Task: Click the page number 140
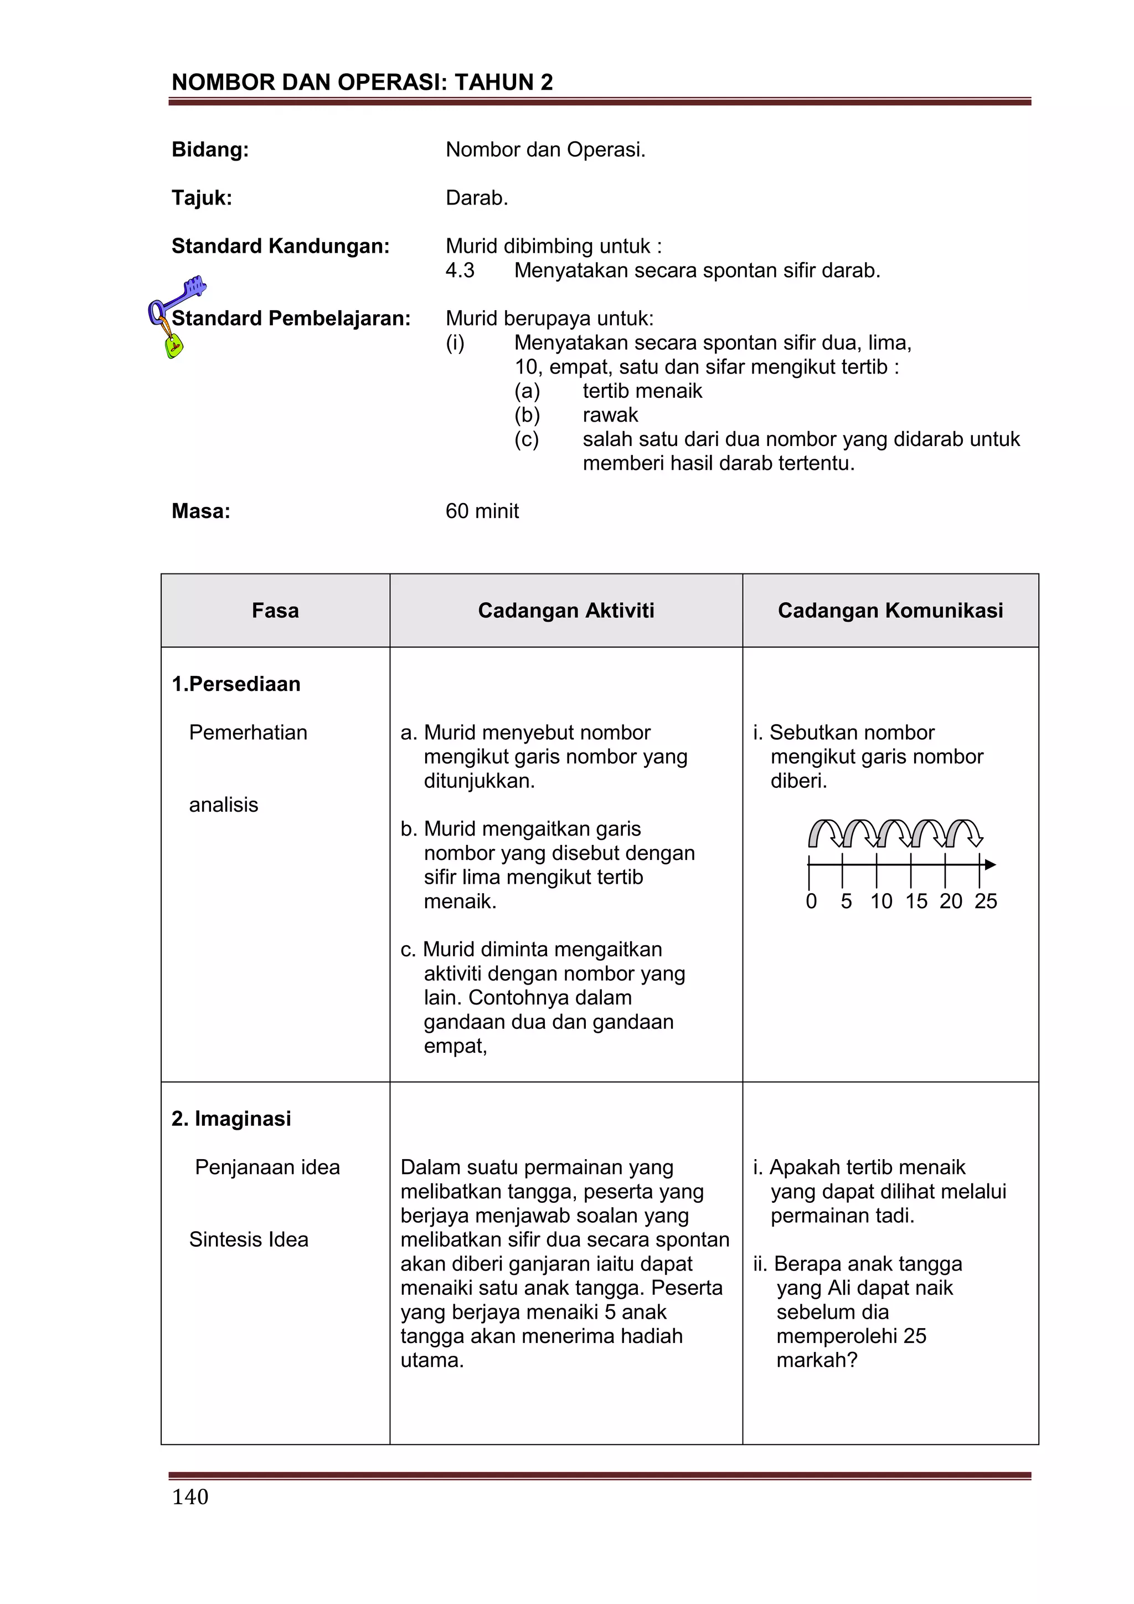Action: point(190,1496)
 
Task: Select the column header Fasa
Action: point(275,611)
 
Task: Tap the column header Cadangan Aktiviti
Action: point(565,611)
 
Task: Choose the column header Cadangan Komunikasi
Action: point(890,611)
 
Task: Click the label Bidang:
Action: point(210,150)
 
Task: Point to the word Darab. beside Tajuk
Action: point(477,198)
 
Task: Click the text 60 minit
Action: point(482,511)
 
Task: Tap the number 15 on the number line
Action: point(916,901)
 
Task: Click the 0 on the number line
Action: point(811,901)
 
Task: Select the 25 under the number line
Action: point(985,901)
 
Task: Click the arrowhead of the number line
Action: point(990,865)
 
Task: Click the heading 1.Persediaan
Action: point(236,683)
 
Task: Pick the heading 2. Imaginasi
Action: point(231,1119)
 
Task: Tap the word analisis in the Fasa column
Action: point(224,805)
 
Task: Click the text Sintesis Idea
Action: point(249,1239)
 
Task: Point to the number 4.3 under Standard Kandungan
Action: point(460,270)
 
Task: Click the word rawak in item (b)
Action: point(610,415)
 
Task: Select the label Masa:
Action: point(200,511)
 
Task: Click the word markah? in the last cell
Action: point(816,1360)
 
